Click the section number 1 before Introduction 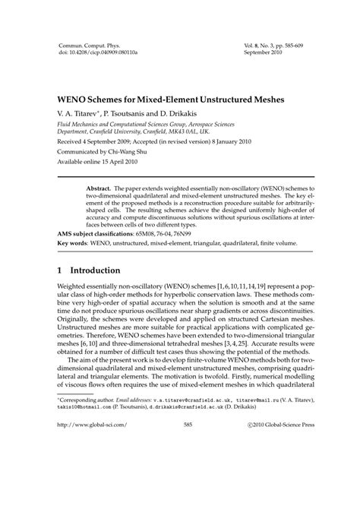pos(62,270)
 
